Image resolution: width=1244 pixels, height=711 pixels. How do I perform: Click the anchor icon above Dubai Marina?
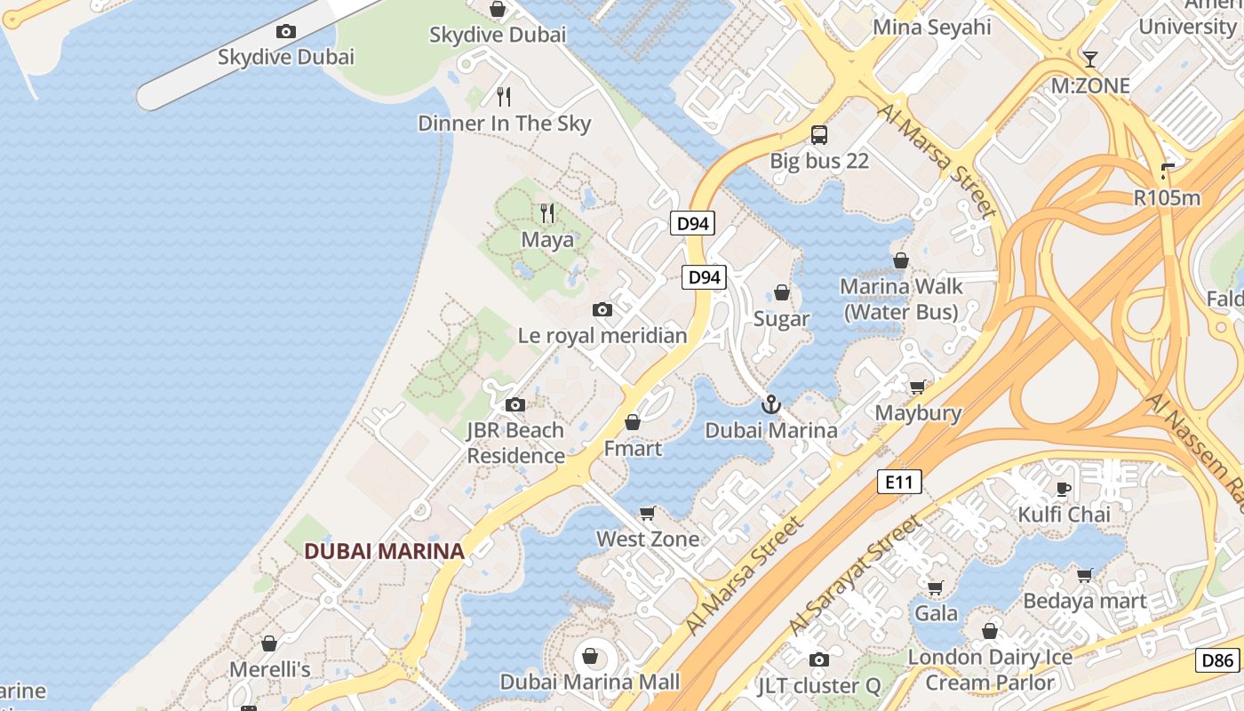coord(770,405)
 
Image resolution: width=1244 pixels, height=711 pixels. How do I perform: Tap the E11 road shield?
coord(899,483)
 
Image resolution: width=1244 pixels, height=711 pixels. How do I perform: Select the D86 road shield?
coord(1217,660)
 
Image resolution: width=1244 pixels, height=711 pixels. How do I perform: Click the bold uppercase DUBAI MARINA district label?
coord(384,551)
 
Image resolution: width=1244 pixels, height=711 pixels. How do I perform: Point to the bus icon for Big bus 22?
coord(819,135)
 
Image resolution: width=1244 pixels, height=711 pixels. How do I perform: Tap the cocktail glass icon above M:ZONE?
coord(1090,60)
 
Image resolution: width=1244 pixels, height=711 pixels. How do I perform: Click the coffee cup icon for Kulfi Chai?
coord(1063,489)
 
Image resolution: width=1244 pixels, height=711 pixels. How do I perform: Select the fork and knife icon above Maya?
coord(547,213)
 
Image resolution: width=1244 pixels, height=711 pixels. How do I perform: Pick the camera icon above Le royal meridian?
coord(602,310)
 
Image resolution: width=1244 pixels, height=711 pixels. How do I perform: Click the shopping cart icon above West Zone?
coord(648,513)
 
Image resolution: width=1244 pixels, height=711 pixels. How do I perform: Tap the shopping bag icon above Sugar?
coord(782,292)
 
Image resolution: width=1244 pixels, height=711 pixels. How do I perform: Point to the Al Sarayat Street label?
coord(856,576)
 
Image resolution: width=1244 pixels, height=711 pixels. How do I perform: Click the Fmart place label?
coord(633,448)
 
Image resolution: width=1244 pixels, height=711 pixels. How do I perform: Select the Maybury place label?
coord(918,413)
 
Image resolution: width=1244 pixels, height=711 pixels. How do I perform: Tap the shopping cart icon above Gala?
coord(936,587)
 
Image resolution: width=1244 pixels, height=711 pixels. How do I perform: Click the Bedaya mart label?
coord(1084,601)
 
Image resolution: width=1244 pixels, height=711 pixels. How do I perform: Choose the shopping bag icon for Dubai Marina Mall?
coord(589,657)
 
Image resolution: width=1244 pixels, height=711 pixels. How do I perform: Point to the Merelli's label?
coord(269,668)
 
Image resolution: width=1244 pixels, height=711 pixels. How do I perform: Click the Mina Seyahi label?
coord(931,28)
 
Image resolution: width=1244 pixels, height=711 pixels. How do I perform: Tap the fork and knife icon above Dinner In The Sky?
coord(504,97)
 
